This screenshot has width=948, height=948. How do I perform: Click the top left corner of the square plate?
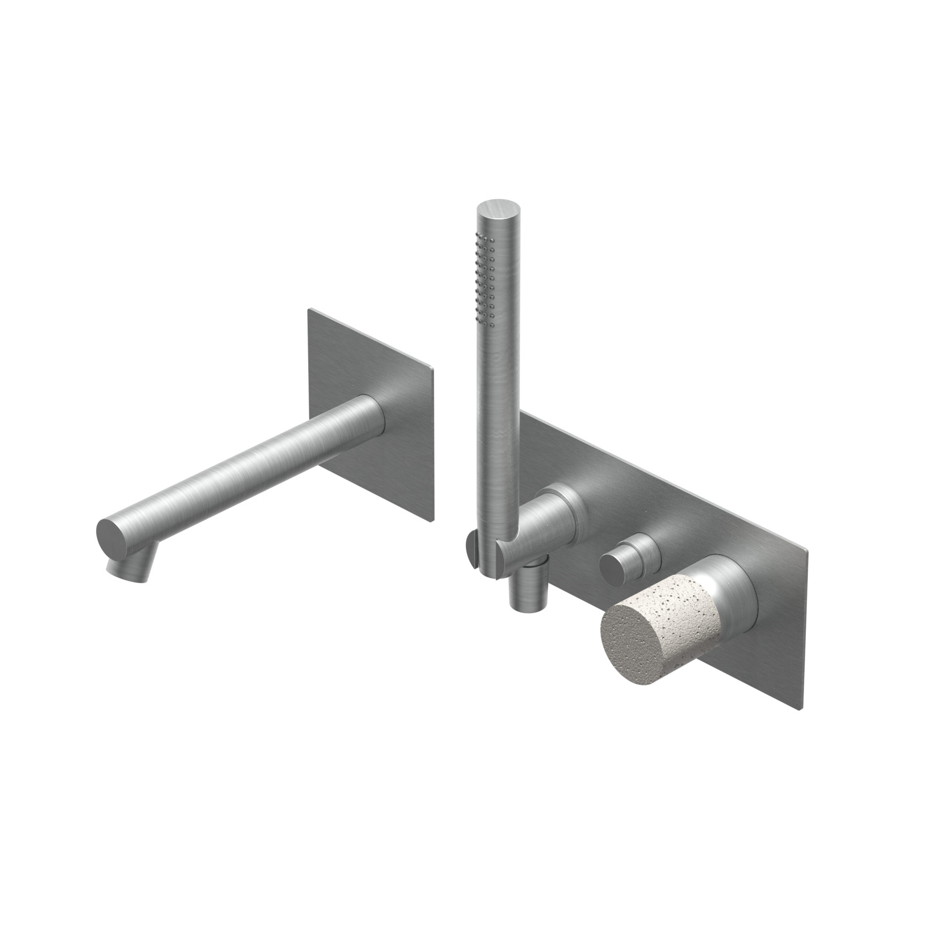click(x=309, y=310)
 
